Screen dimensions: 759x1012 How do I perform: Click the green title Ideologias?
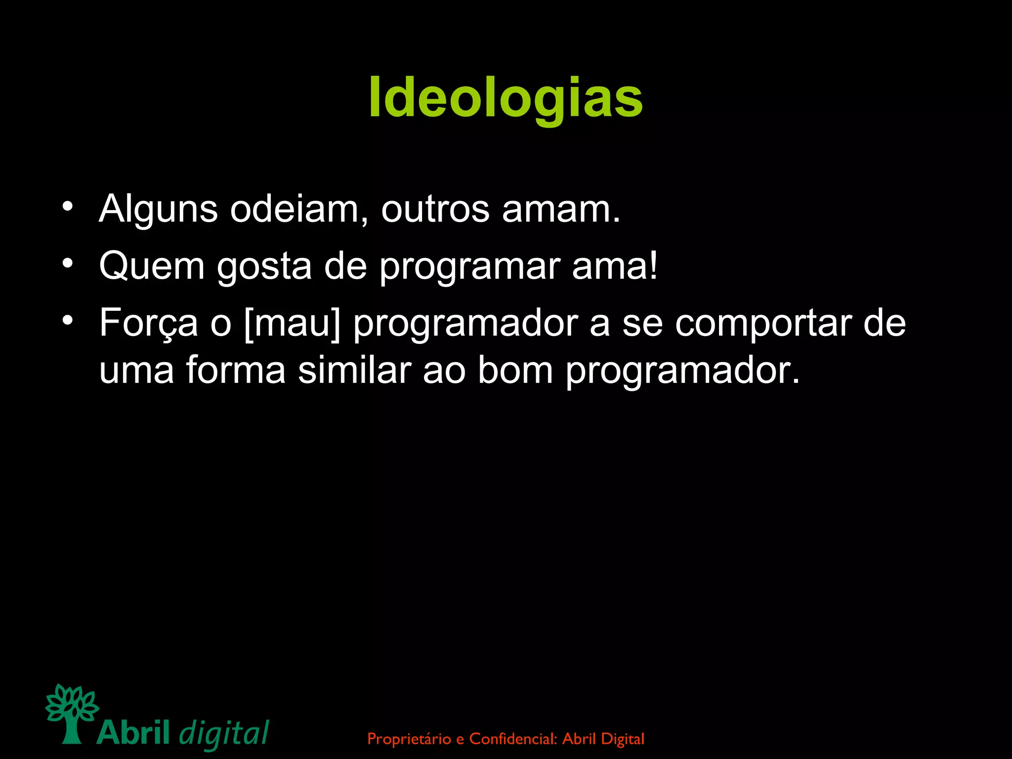click(506, 98)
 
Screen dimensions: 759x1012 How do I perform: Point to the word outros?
click(435, 210)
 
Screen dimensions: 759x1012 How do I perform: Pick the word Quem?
click(152, 266)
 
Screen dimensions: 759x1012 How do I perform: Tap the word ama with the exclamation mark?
click(615, 266)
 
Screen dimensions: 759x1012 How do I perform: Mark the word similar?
click(355, 371)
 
